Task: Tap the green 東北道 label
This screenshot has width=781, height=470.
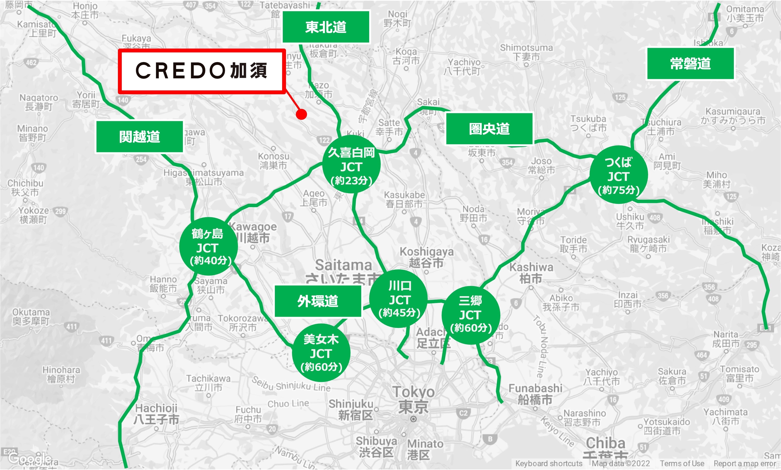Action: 326,27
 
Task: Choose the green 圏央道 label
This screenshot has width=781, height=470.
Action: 489,129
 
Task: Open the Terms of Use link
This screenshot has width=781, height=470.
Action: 682,464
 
